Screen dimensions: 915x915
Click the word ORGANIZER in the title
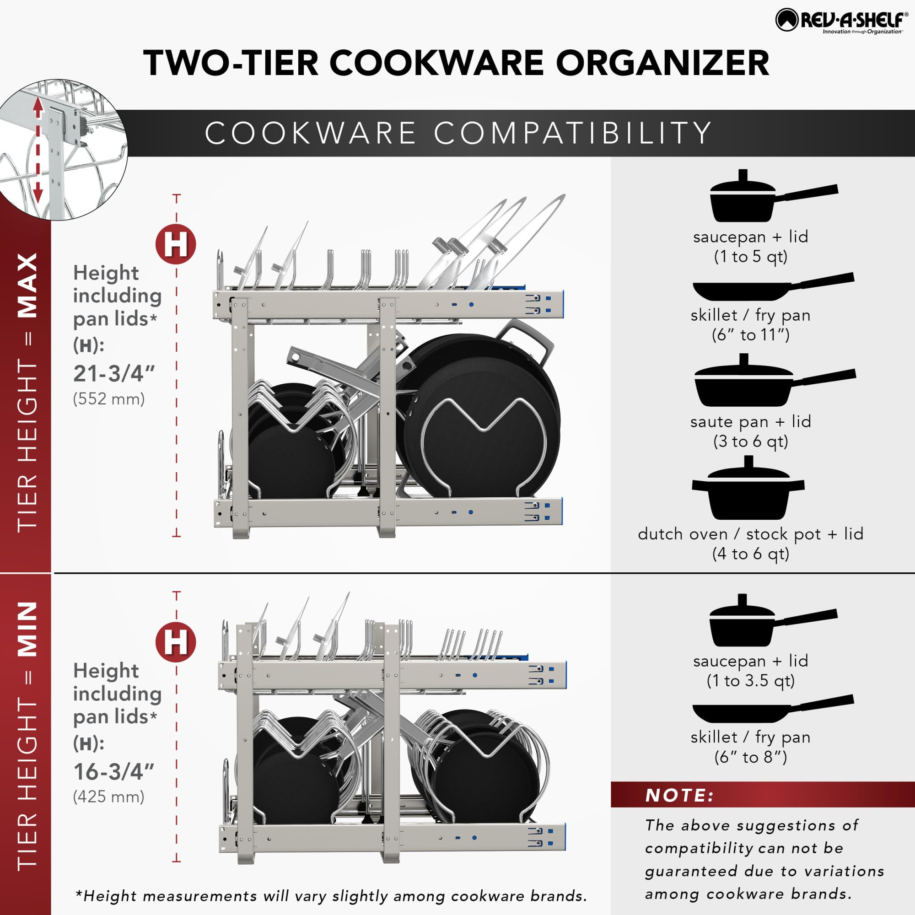click(662, 63)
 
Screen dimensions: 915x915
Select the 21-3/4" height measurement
click(114, 374)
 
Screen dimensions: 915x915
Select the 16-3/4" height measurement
click(114, 772)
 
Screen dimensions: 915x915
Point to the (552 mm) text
click(109, 399)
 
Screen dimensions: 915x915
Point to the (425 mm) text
click(109, 797)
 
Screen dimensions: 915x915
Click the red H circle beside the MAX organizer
click(176, 244)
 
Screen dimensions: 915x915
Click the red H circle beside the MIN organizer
click(176, 642)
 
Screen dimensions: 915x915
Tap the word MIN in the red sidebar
click(27, 630)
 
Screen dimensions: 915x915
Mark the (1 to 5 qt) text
click(751, 257)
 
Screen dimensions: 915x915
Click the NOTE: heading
click(679, 795)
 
